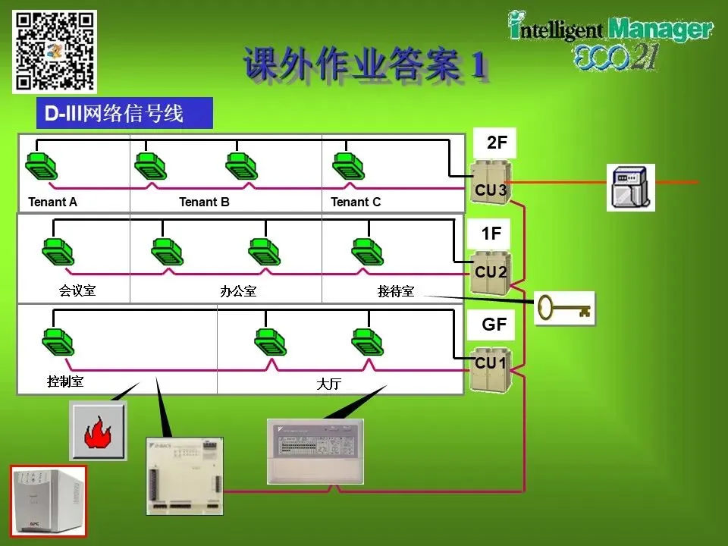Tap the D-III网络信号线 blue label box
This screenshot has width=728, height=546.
pos(124,114)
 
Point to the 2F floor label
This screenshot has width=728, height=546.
pos(497,142)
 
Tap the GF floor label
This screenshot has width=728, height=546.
pos(494,325)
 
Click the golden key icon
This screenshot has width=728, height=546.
pos(564,307)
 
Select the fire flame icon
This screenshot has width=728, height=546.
pos(99,431)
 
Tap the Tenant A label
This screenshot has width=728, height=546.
pos(52,202)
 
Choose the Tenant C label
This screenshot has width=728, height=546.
pos(356,202)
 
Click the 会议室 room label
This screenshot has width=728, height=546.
pos(77,290)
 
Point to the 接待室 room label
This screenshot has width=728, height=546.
pos(396,291)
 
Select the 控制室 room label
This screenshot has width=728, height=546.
pos(65,381)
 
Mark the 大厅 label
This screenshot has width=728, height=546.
pos(328,384)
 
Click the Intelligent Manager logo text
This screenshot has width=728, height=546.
pos(610,30)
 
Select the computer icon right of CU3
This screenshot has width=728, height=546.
pos(630,187)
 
